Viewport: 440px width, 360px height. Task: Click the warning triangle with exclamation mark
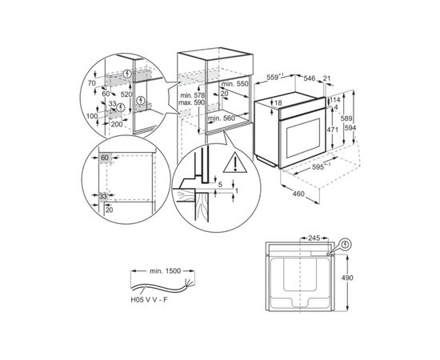click(236, 166)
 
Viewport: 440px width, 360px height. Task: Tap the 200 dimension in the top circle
click(118, 125)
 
